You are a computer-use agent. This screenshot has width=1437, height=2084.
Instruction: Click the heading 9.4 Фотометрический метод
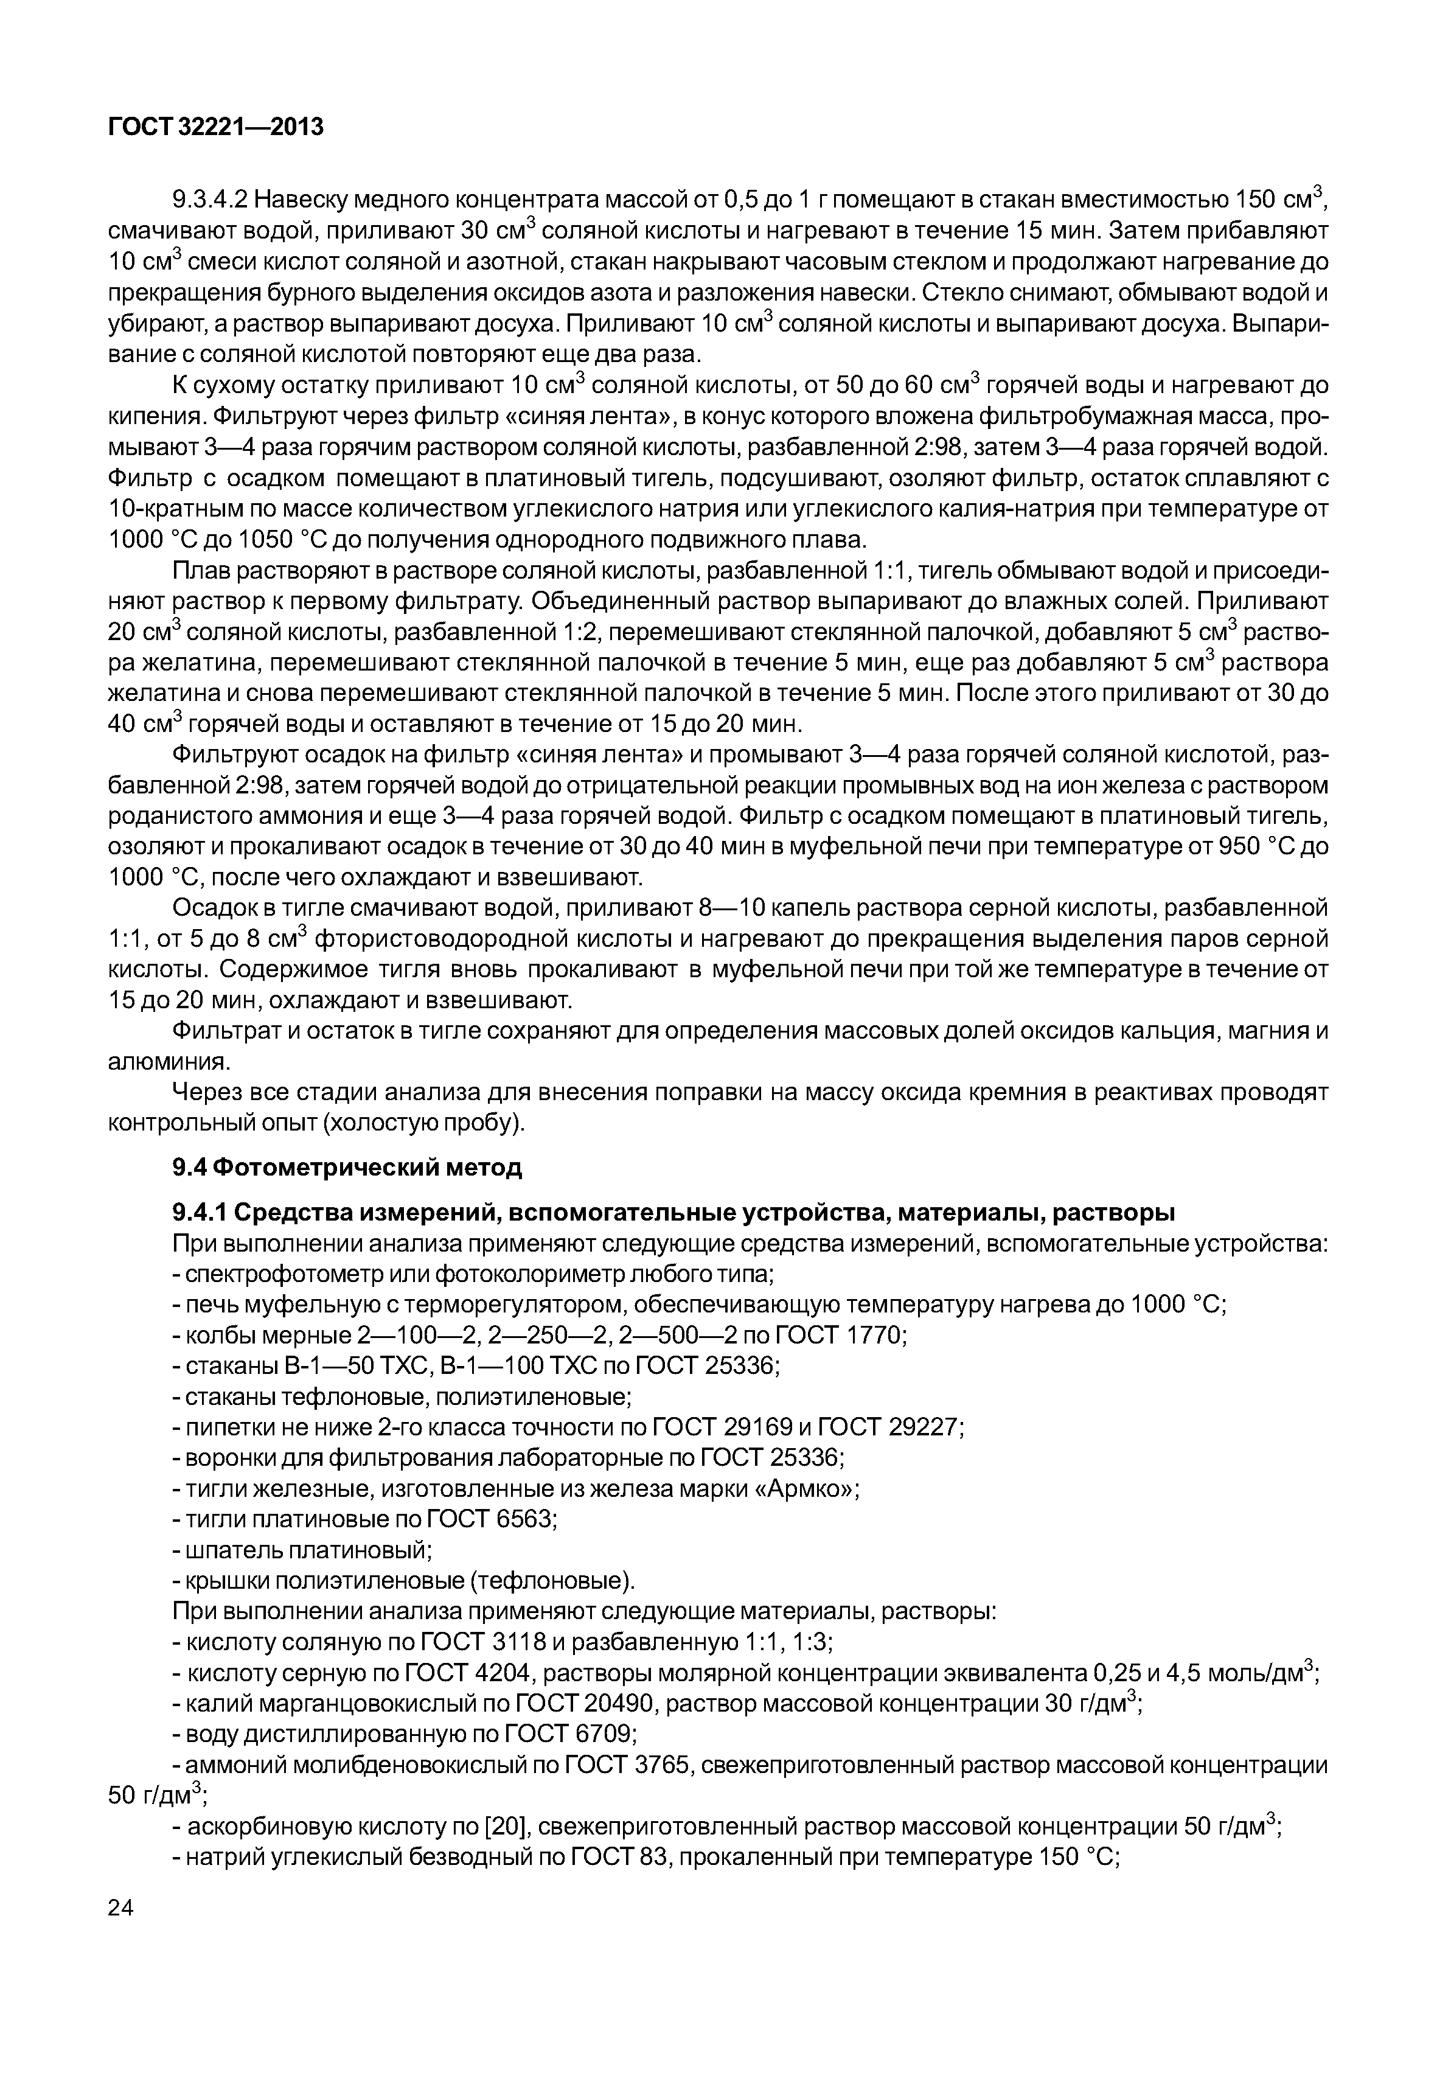point(347,1168)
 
